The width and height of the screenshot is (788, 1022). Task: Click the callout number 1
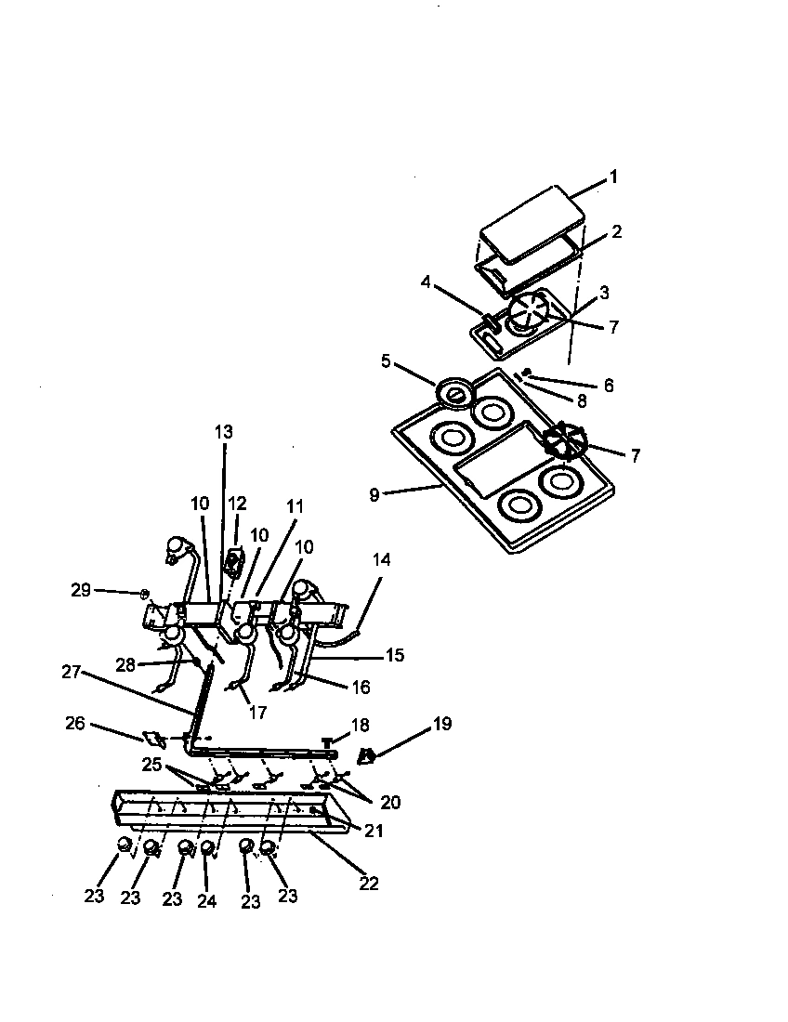pyautogui.click(x=612, y=177)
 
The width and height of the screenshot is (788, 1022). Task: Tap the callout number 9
pyautogui.click(x=374, y=495)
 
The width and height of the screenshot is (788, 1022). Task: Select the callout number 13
pyautogui.click(x=223, y=432)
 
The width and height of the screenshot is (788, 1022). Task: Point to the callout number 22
pyautogui.click(x=369, y=884)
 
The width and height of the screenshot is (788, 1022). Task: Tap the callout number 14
pyautogui.click(x=381, y=560)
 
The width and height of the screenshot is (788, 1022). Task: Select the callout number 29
pyautogui.click(x=83, y=591)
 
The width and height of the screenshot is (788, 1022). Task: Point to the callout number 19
pyautogui.click(x=441, y=723)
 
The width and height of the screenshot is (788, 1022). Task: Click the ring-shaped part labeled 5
pyautogui.click(x=454, y=394)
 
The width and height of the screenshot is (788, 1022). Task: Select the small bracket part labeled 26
pyautogui.click(x=153, y=740)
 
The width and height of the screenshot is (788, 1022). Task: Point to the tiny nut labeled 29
pyautogui.click(x=144, y=592)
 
